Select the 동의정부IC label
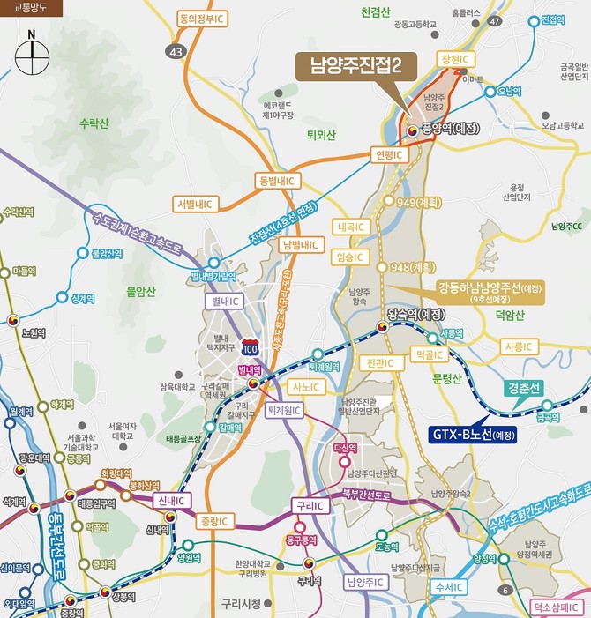[x=200, y=17]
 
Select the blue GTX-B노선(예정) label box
[x=473, y=435]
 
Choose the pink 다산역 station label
[x=346, y=448]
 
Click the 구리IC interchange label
[x=310, y=505]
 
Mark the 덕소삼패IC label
[x=559, y=607]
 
